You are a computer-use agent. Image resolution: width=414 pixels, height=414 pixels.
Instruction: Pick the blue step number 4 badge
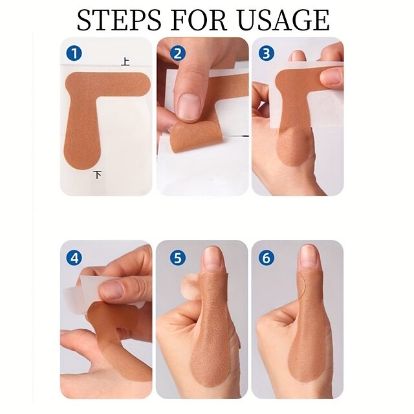[74, 257]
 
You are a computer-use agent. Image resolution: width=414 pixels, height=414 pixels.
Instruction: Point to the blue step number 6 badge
[265, 257]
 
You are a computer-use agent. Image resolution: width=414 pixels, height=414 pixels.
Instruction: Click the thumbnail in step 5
[213, 259]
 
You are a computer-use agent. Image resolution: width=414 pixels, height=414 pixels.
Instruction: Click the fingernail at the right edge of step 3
[332, 77]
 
